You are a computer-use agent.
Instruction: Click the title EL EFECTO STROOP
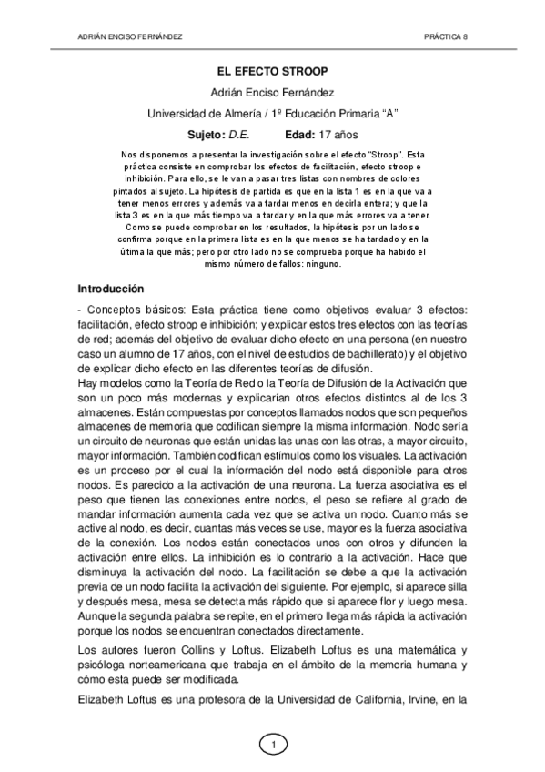pyautogui.click(x=272, y=70)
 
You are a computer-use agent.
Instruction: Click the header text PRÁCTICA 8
pyautogui.click(x=446, y=37)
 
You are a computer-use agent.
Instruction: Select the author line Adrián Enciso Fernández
pyautogui.click(x=272, y=93)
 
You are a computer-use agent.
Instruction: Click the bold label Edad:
pyautogui.click(x=300, y=134)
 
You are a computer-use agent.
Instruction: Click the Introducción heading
pyautogui.click(x=111, y=289)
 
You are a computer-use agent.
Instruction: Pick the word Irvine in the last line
pyautogui.click(x=429, y=701)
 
